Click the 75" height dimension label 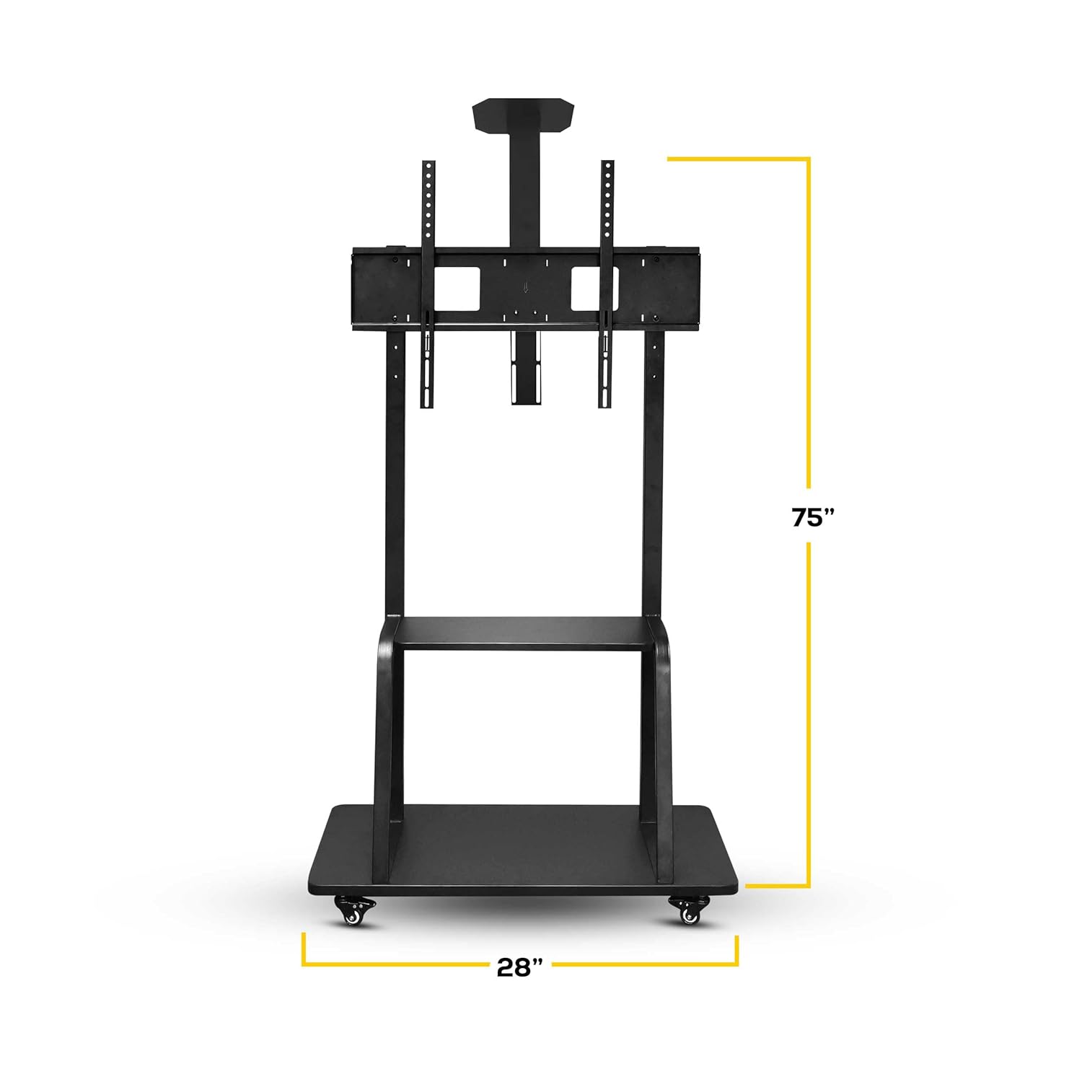pos(812,517)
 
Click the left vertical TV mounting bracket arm pos(428,289)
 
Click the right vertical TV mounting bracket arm pos(607,289)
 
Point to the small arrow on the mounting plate pos(526,288)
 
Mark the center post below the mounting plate pos(526,368)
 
